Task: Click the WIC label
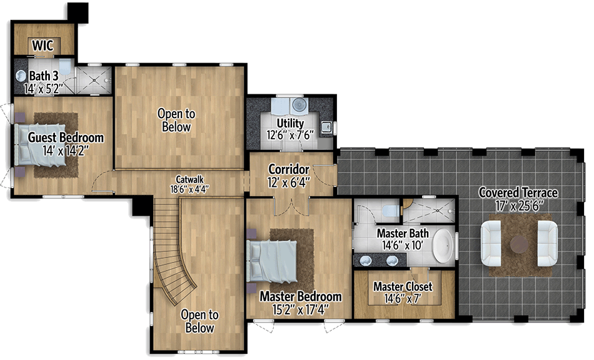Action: coord(43,45)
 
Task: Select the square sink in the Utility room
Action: coord(326,127)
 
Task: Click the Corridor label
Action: coord(288,169)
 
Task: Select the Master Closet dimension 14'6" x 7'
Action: coord(403,299)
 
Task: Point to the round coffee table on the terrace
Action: coord(518,244)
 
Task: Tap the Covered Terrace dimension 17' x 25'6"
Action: coord(518,205)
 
